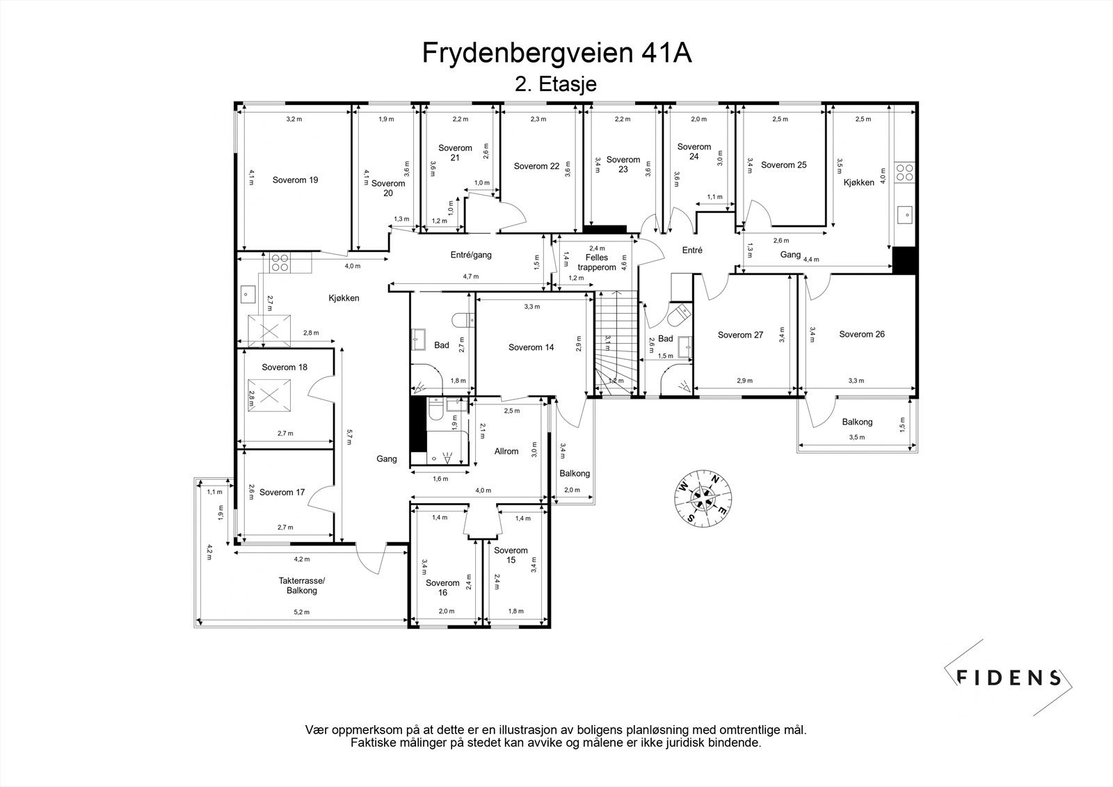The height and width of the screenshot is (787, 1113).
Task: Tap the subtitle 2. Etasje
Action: click(555, 84)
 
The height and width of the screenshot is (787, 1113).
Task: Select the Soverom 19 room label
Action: click(295, 180)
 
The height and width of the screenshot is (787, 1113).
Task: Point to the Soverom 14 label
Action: click(531, 347)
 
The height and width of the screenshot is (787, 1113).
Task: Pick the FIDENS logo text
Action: click(1009, 677)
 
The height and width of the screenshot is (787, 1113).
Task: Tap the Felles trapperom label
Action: click(597, 262)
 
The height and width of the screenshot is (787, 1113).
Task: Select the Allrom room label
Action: click(506, 452)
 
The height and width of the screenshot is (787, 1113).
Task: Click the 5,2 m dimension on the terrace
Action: click(301, 612)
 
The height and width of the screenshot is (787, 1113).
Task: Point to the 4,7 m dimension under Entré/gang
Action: click(471, 276)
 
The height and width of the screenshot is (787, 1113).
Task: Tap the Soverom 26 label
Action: click(861, 334)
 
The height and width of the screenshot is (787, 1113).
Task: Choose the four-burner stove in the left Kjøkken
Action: click(280, 262)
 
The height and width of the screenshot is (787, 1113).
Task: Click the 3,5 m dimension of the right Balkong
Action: click(856, 437)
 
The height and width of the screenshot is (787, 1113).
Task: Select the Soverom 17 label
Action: click(282, 492)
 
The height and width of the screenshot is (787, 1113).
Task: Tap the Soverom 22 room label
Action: click(536, 166)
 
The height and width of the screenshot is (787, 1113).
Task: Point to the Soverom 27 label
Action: click(740, 335)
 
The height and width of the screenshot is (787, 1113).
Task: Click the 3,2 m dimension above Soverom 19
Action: click(294, 119)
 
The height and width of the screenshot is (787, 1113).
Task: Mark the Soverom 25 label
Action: click(783, 165)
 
